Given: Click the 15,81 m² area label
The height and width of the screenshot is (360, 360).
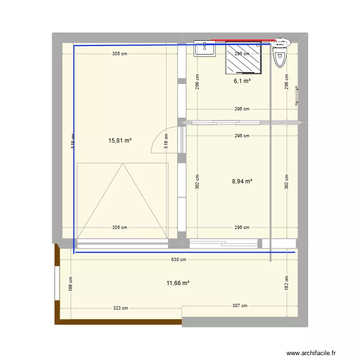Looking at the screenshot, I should [120, 141].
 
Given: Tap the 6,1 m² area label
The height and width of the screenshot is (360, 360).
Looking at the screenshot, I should [242, 81].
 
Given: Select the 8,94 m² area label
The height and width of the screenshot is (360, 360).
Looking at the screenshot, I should [242, 181].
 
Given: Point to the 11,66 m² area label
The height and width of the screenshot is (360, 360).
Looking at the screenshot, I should [178, 283].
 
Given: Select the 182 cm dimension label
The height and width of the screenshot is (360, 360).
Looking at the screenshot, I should [287, 283].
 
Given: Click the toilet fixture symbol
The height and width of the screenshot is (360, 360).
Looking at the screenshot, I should [279, 54].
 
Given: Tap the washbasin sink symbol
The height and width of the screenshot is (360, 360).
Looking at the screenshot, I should [204, 48].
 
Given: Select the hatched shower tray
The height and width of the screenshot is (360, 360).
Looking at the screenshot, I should [244, 58].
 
